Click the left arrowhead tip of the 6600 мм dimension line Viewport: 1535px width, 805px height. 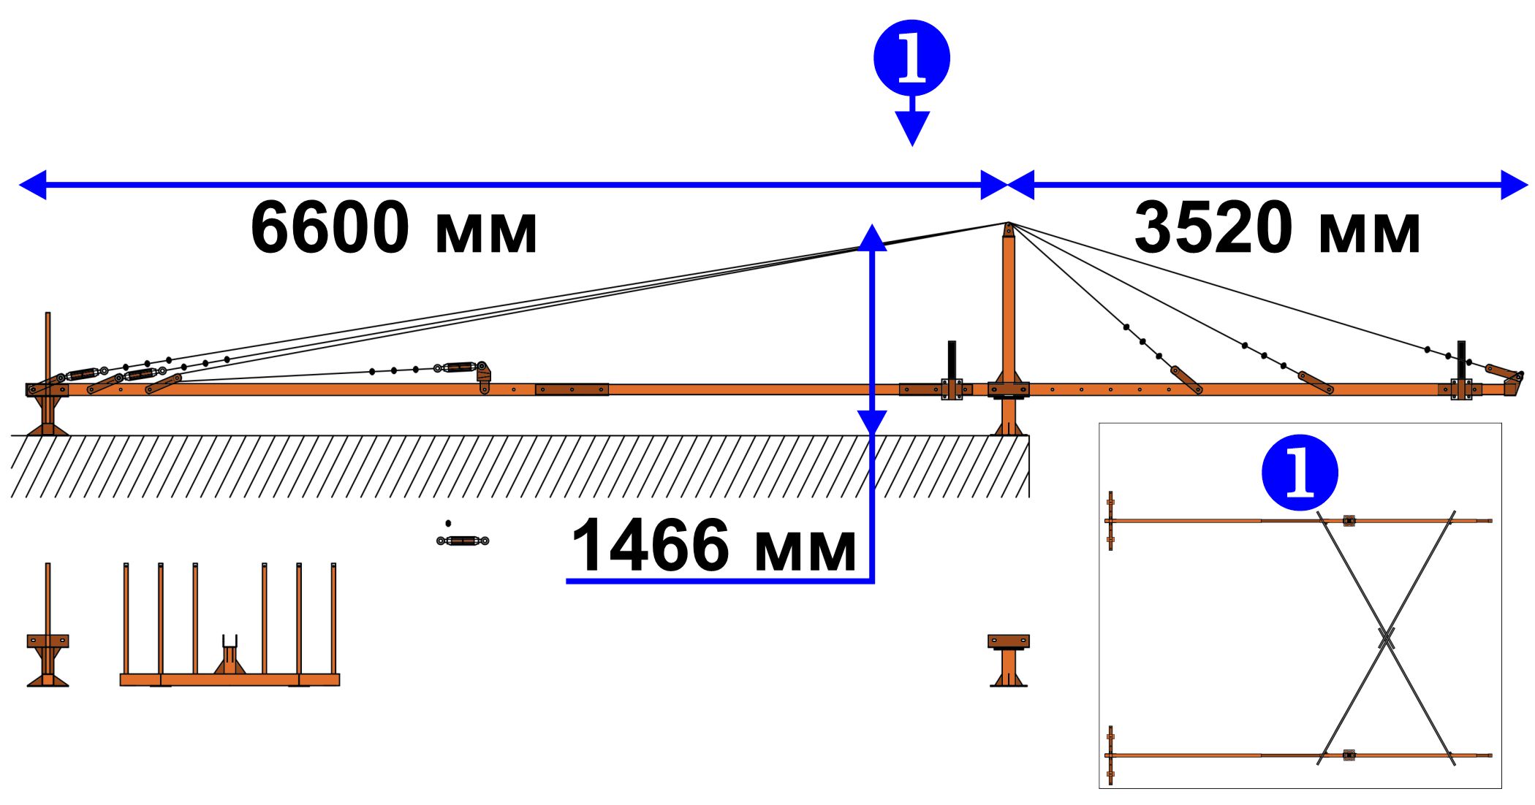click(x=20, y=185)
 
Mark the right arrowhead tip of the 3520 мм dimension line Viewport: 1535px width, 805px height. click(x=1528, y=185)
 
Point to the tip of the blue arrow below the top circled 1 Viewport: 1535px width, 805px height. click(x=912, y=146)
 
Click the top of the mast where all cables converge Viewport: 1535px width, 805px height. click(x=1008, y=224)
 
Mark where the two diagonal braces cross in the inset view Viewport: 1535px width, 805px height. click(x=1386, y=640)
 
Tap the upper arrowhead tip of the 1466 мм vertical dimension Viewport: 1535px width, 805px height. click(x=872, y=224)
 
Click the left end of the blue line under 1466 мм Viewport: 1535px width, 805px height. click(x=566, y=581)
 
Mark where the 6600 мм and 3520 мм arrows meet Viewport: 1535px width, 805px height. click(x=1008, y=185)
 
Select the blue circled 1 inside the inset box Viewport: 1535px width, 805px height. click(x=1300, y=473)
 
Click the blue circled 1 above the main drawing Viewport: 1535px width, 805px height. click(x=911, y=58)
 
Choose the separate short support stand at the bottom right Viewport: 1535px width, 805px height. click(x=1009, y=660)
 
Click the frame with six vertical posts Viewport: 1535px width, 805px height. click(x=230, y=625)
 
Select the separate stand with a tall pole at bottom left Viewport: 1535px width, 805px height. click(x=48, y=625)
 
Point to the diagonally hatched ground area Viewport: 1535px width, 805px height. click(x=520, y=467)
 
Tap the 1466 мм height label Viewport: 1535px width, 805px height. click(x=713, y=545)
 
